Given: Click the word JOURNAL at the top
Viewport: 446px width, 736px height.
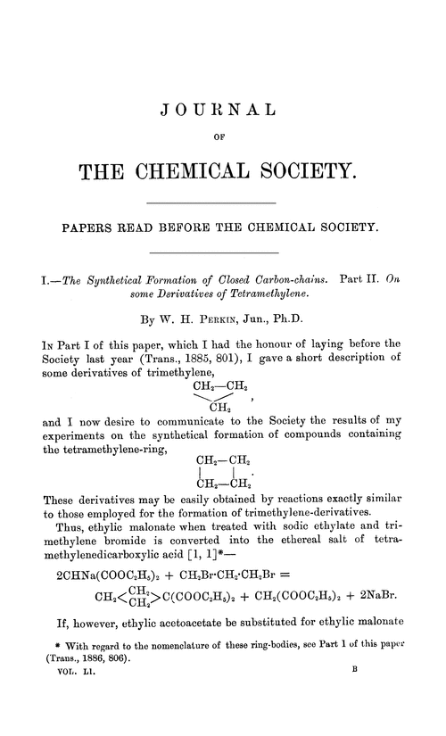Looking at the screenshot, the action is [x=223, y=112].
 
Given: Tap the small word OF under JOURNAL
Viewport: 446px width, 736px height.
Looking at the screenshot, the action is [x=223, y=138].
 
